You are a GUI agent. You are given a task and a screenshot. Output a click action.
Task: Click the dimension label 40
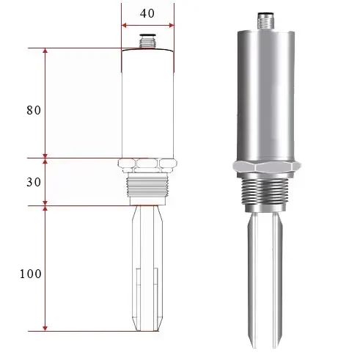pos(147,13)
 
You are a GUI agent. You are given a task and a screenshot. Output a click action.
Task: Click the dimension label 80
pos(34,110)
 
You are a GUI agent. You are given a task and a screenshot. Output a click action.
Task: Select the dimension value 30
pos(34,182)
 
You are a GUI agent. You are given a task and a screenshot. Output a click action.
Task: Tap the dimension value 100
pos(31,274)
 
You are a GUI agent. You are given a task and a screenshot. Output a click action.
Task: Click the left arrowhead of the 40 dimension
pos(124,25)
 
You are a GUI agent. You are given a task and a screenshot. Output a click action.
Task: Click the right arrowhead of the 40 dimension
pos(172,25)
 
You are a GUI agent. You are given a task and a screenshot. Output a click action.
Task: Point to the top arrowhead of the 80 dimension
pos(45,51)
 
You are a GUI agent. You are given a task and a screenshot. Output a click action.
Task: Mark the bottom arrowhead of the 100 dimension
pos(45,329)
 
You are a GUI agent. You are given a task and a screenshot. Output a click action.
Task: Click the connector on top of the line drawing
pos(147,41)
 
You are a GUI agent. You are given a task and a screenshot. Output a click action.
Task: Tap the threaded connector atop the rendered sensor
pos(265,21)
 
